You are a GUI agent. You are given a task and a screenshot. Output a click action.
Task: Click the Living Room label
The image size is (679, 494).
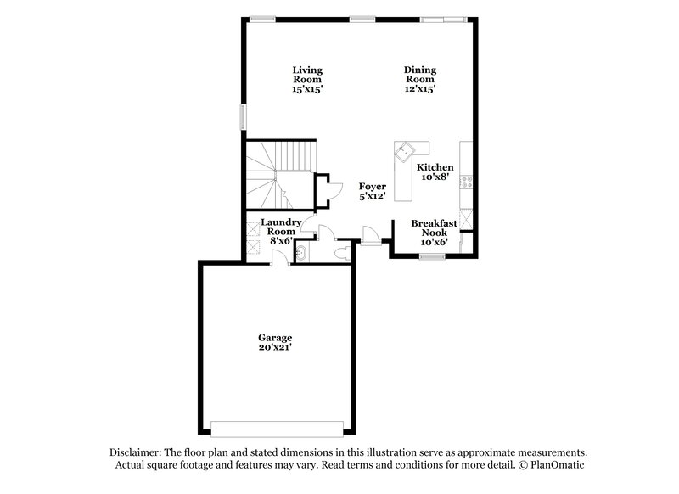point(307,79)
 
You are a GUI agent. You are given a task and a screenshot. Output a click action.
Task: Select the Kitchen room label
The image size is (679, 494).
point(435,172)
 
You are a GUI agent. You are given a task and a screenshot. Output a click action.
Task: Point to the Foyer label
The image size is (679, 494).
point(373,191)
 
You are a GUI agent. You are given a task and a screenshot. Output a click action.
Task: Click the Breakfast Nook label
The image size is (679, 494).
point(434,232)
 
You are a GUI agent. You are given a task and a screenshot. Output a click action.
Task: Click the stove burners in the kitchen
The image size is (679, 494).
point(466,180)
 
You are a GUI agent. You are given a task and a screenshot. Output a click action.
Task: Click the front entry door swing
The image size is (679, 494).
point(370,233)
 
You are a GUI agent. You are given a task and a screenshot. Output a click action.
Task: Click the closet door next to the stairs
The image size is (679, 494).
point(323,188)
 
